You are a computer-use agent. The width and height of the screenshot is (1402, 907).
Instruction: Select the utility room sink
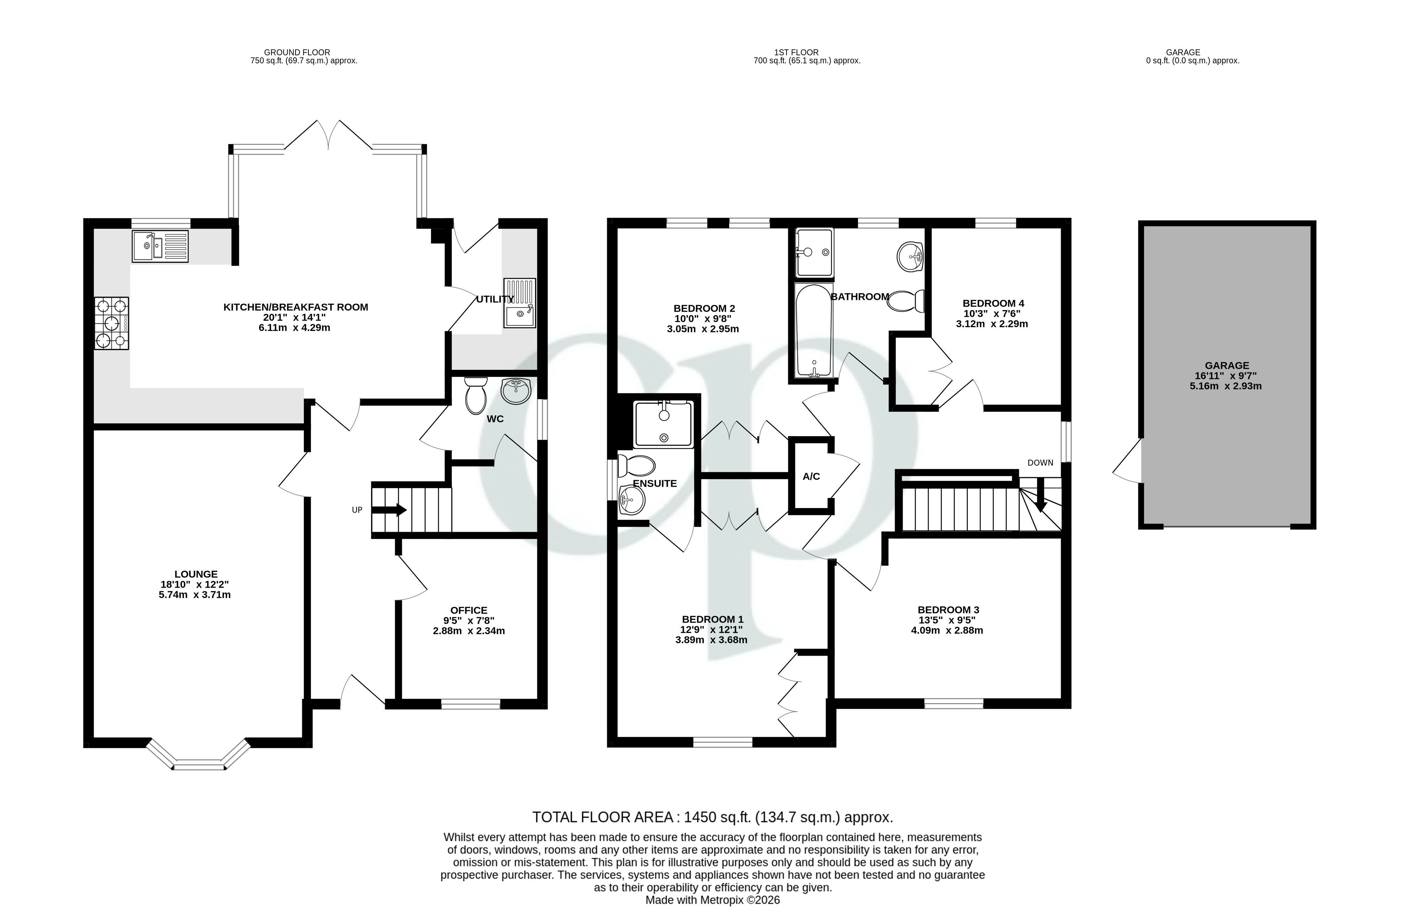tap(520, 303)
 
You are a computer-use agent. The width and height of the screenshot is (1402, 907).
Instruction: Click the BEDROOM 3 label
tap(948, 610)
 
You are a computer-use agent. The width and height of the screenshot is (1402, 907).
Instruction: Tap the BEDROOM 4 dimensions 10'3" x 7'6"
tap(991, 314)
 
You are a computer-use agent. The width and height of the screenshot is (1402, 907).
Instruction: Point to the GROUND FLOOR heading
tap(297, 52)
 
